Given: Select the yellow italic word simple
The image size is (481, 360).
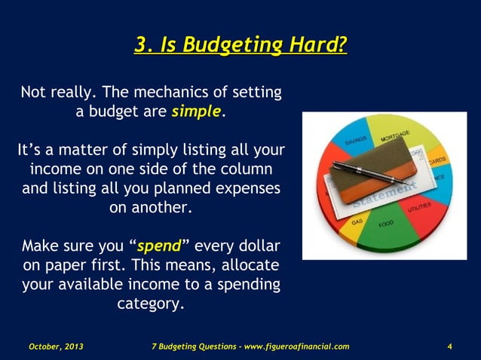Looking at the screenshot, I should tap(197, 112).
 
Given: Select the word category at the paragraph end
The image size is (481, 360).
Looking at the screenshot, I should tap(150, 305).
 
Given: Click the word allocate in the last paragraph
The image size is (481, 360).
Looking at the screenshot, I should tap(251, 267).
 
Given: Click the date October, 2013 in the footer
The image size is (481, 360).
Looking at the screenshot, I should tap(56, 346).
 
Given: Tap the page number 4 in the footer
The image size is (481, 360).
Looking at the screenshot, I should tap(449, 346).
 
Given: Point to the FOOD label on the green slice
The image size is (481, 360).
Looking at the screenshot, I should tap(386, 224).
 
